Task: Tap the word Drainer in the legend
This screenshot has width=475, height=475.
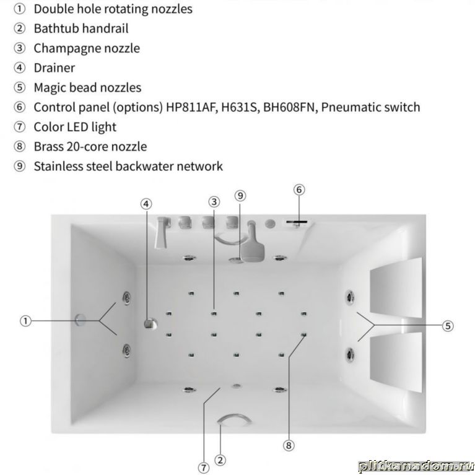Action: (54, 68)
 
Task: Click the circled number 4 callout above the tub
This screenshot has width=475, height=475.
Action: (146, 204)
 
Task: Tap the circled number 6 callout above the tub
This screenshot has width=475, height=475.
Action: (299, 190)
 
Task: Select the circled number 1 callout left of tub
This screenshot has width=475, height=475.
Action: (26, 321)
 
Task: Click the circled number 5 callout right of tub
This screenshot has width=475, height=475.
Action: (448, 326)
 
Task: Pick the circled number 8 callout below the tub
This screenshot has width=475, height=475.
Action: (289, 445)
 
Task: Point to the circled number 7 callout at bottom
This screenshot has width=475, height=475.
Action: (204, 468)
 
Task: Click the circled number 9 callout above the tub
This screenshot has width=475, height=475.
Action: (240, 196)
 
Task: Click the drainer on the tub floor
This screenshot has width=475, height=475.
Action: (150, 323)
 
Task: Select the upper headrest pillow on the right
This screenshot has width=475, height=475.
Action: (396, 288)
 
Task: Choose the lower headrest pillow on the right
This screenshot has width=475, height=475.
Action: (396, 362)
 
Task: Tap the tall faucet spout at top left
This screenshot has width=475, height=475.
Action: (162, 233)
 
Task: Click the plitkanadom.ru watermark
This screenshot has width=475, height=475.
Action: (416, 466)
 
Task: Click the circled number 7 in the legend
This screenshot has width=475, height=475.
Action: (20, 127)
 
